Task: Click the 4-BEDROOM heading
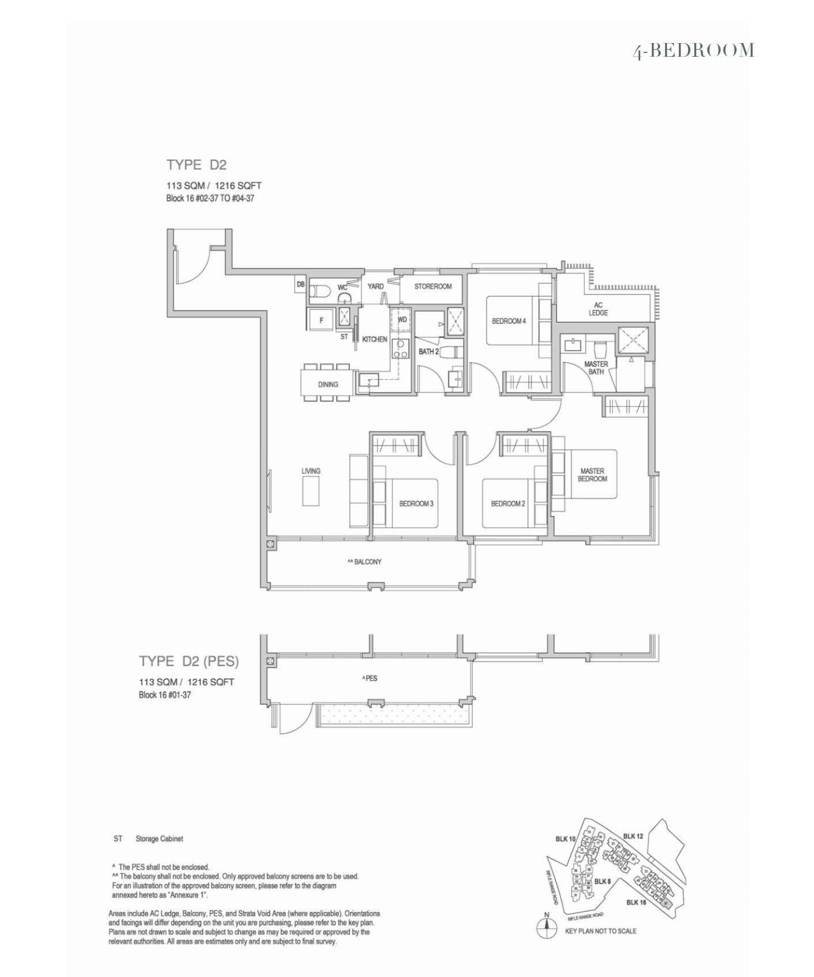(x=693, y=51)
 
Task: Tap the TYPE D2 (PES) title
(x=189, y=661)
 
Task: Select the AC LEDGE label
(x=598, y=309)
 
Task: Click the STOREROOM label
(x=433, y=286)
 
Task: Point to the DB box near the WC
(x=301, y=284)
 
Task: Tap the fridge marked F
(x=321, y=320)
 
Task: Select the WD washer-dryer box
(x=402, y=320)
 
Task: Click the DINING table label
(x=328, y=384)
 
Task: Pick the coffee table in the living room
(x=310, y=491)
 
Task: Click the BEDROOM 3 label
(x=416, y=503)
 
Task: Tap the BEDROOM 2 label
(x=508, y=503)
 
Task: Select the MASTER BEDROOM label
(x=592, y=475)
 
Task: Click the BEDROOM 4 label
(x=508, y=321)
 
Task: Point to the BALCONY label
(x=365, y=562)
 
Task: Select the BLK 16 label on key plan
(x=636, y=902)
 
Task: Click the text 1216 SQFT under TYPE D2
(x=238, y=186)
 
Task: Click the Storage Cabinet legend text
(x=159, y=839)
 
